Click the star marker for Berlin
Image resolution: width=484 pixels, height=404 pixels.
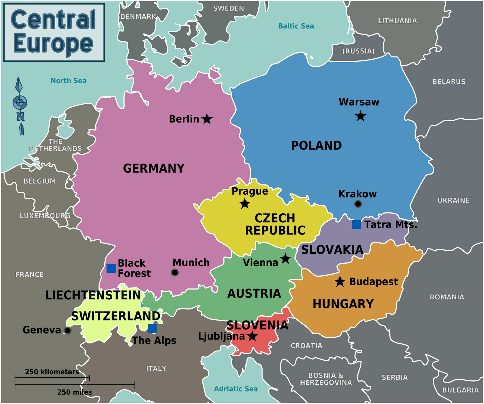pyautogui.click(x=207, y=119)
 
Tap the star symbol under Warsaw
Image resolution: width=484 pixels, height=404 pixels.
pyautogui.click(x=360, y=116)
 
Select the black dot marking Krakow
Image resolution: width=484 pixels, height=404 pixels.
pyautogui.click(x=358, y=204)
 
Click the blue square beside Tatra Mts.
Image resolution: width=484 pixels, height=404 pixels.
pyautogui.click(x=356, y=225)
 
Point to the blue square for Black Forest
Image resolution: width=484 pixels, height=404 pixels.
pyautogui.click(x=111, y=268)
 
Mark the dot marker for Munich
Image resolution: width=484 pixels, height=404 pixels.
pyautogui.click(x=175, y=273)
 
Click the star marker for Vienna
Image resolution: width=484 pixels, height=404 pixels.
pyautogui.click(x=285, y=259)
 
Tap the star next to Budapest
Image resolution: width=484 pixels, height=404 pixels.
pyautogui.click(x=340, y=282)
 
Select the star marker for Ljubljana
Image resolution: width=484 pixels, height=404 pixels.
pyautogui.click(x=252, y=336)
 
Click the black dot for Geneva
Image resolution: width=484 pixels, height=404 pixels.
pyautogui.click(x=68, y=331)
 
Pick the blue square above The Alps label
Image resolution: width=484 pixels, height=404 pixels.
pyautogui.click(x=152, y=328)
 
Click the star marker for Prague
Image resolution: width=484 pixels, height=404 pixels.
pyautogui.click(x=245, y=204)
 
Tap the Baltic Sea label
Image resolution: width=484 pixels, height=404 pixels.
pyautogui.click(x=296, y=26)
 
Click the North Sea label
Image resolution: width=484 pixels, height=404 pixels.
pyautogui.click(x=69, y=81)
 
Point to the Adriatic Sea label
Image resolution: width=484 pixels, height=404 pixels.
pyautogui.click(x=236, y=389)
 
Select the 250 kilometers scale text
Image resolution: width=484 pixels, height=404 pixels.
pyautogui.click(x=52, y=372)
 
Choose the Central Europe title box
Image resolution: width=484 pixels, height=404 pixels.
pyautogui.click(x=54, y=32)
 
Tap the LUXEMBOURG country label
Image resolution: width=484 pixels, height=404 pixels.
pyautogui.click(x=45, y=216)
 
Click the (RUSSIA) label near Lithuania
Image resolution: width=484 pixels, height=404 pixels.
pyautogui.click(x=358, y=51)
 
